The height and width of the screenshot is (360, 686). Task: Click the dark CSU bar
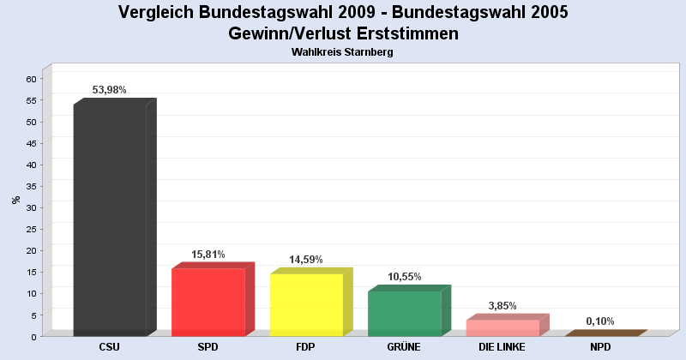pyautogui.click(x=110, y=219)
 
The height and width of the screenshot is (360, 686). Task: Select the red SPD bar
pyautogui.click(x=208, y=302)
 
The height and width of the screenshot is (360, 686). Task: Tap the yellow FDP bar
pyautogui.click(x=306, y=304)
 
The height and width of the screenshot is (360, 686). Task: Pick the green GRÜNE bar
pyautogui.click(x=404, y=313)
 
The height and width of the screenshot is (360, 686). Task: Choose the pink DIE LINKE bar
pyautogui.click(x=502, y=327)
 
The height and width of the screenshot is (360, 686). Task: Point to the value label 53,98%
pyautogui.click(x=109, y=90)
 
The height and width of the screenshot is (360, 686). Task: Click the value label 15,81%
pyautogui.click(x=208, y=255)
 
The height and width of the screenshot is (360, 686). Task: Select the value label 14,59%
pyautogui.click(x=305, y=260)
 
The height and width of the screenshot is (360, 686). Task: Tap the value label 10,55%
pyautogui.click(x=404, y=277)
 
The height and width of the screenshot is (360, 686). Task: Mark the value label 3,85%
pyautogui.click(x=502, y=306)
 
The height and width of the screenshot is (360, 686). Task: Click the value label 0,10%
pyautogui.click(x=600, y=321)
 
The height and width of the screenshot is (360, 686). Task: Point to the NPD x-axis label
pyautogui.click(x=600, y=347)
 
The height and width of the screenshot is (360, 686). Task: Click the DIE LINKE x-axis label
pyautogui.click(x=502, y=347)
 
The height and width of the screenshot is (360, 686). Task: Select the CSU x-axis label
pyautogui.click(x=110, y=347)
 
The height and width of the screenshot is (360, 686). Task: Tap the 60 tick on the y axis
pyautogui.click(x=31, y=79)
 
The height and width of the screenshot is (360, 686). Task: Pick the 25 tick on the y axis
pyautogui.click(x=31, y=229)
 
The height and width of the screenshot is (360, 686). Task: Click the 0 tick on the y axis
pyautogui.click(x=33, y=337)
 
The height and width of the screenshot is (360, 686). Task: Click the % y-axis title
pyautogui.click(x=15, y=200)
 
